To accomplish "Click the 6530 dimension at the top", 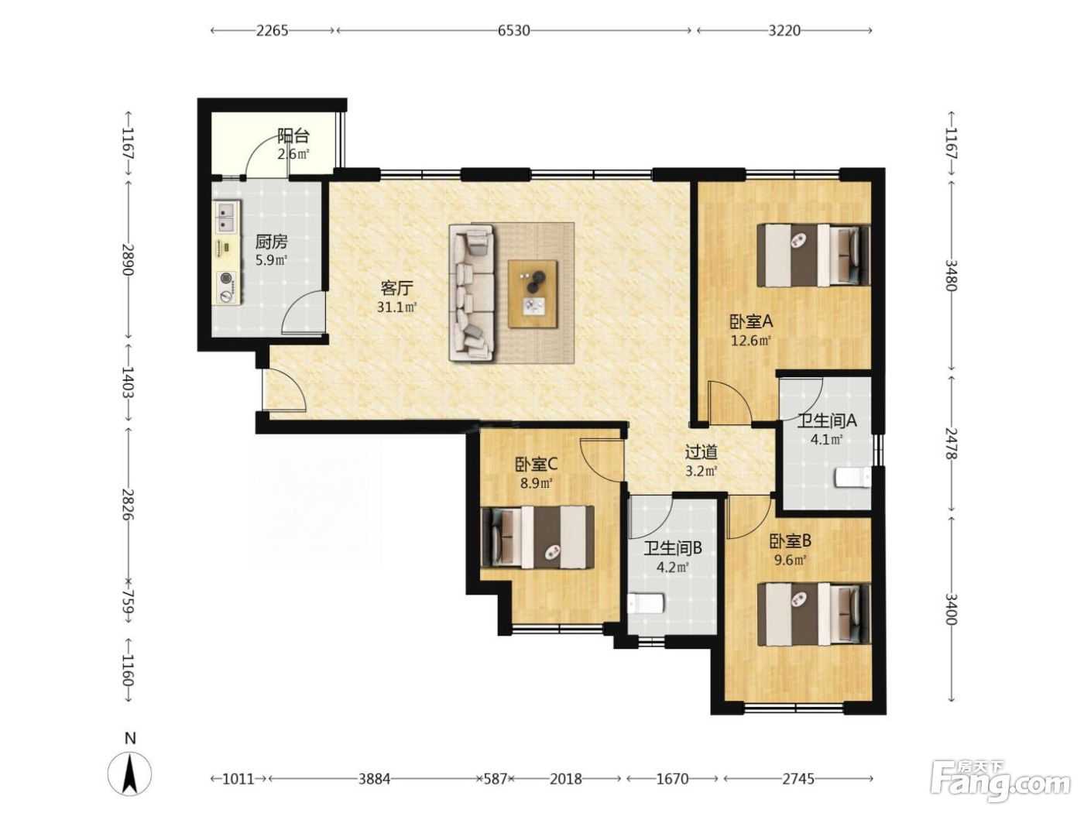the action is click(513, 31).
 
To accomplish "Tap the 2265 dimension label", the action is click(272, 31).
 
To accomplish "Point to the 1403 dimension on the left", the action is click(128, 382).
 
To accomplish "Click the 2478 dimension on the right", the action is click(951, 443).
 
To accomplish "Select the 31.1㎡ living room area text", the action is click(397, 307).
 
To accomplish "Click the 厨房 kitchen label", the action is click(271, 242).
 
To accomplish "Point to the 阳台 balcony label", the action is click(293, 135).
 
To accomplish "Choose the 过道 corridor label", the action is click(701, 451).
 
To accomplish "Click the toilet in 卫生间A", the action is click(852, 479).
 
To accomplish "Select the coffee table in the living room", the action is click(533, 293).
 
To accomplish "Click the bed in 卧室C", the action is click(538, 537).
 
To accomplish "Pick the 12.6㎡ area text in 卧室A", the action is click(750, 341).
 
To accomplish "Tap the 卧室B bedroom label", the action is click(791, 541).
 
